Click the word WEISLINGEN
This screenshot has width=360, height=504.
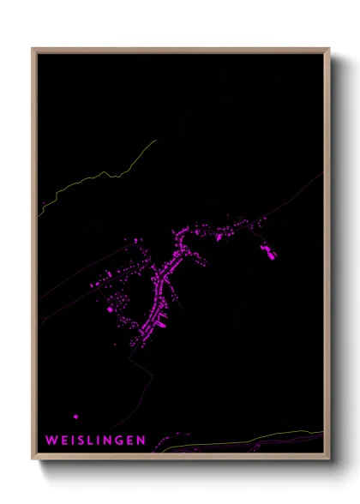[95, 440]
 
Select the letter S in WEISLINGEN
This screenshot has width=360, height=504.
[78, 440]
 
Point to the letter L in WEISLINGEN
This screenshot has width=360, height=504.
[88, 440]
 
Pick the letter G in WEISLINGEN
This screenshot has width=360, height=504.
[117, 440]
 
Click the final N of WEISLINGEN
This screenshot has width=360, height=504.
[141, 440]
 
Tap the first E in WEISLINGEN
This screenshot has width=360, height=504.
[62, 440]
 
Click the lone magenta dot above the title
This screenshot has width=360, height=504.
[76, 417]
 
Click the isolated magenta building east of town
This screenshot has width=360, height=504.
[268, 251]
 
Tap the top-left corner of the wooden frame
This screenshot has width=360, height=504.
[33, 49]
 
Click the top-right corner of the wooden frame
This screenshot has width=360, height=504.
[329, 49]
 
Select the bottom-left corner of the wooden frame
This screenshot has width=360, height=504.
[33, 459]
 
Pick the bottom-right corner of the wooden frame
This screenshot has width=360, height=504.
[329, 459]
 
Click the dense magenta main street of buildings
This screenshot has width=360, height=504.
[164, 283]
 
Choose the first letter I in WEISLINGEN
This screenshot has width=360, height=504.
[70, 440]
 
